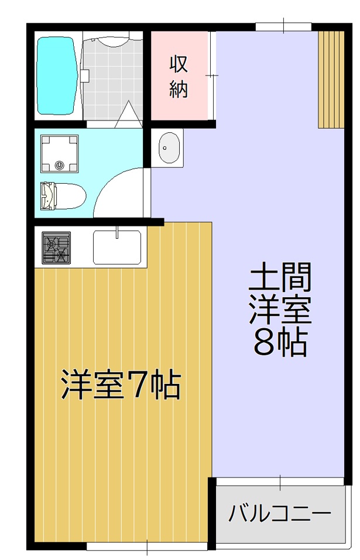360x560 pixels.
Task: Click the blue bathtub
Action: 56,75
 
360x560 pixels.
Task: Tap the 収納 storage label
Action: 179,75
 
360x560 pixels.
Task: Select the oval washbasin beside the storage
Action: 169,147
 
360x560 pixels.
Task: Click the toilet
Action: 62,195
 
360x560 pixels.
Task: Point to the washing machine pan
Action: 59,153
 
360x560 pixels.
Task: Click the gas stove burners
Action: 56,247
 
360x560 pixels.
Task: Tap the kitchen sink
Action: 117,247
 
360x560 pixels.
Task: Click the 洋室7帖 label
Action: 121,384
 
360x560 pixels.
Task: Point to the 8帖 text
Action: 279,343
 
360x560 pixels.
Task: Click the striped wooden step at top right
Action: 331,78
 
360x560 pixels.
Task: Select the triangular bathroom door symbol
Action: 127,115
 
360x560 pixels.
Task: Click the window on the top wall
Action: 283,26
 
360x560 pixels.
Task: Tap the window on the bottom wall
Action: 146,547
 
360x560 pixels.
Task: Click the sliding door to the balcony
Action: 279,482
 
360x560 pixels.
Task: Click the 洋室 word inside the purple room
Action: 279,310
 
